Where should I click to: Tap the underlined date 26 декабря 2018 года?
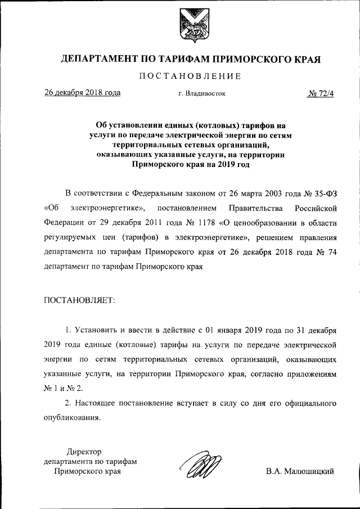point(82,93)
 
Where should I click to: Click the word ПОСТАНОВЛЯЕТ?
point(79,300)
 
